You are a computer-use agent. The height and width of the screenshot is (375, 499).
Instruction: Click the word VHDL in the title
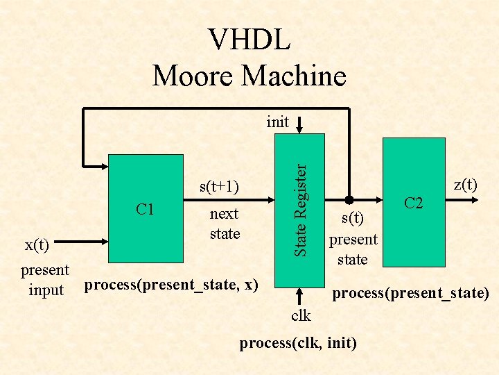249,40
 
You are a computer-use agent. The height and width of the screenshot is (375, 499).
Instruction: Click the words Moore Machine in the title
249,75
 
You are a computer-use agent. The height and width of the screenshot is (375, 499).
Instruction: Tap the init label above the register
278,122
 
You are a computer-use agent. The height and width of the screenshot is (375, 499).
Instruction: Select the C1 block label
146,209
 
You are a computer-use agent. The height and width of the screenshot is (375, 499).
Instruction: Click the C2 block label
414,203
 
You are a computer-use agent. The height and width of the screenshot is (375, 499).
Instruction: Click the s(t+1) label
219,186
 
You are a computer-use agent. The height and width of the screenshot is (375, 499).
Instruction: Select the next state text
225,224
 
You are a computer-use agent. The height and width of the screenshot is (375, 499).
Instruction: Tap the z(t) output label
464,184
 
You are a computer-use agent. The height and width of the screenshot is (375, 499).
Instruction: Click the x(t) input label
37,245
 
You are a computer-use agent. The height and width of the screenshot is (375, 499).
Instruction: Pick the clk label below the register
301,316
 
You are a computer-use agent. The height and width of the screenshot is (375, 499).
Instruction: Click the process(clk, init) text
298,342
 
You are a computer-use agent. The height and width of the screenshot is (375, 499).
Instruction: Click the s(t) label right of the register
353,219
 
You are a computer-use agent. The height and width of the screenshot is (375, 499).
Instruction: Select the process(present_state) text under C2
410,293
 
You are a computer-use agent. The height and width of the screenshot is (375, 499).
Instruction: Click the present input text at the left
46,279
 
